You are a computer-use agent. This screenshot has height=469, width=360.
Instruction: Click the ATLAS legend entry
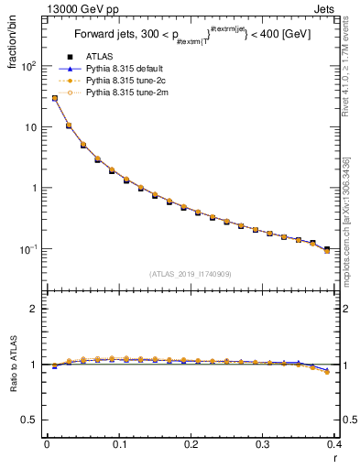101,58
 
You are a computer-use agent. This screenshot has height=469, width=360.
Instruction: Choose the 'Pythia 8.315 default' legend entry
129,70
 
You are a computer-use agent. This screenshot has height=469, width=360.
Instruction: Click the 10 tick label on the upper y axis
31,127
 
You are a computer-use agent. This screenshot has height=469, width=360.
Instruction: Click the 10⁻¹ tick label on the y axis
27,249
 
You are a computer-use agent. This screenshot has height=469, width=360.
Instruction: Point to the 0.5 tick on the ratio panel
30,420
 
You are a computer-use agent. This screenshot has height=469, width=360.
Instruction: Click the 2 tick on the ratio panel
35,309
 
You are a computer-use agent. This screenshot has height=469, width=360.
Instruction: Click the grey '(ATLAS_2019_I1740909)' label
190,274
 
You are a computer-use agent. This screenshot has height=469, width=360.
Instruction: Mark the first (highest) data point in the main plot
54,98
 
